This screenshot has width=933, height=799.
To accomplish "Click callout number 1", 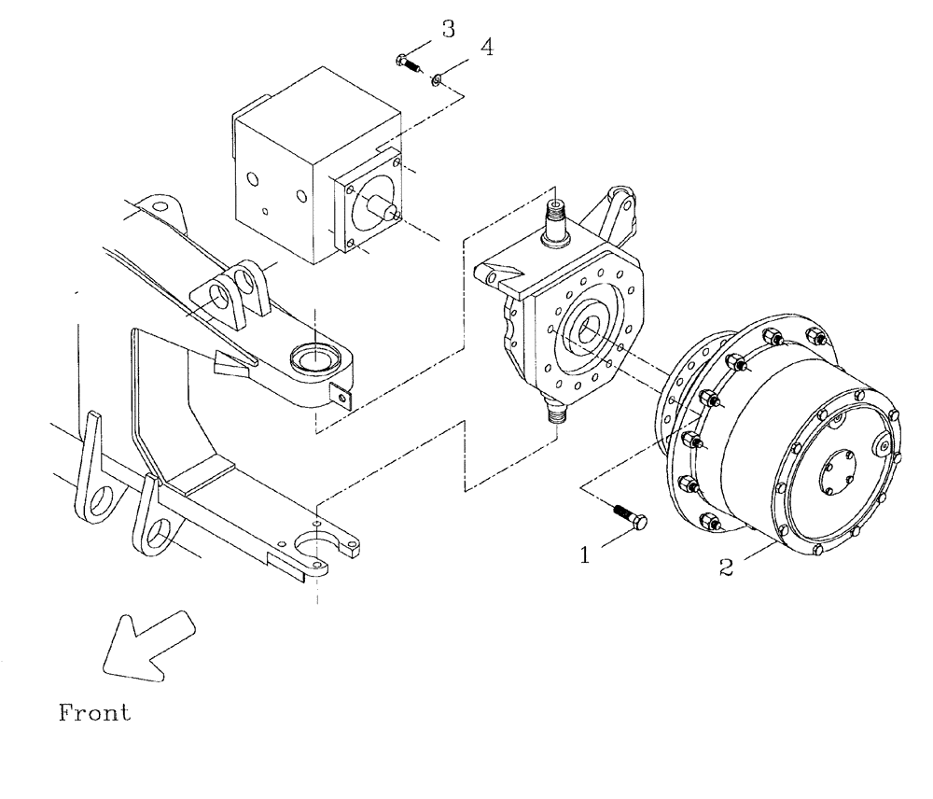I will [x=585, y=555].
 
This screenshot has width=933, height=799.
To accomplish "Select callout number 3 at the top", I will [x=449, y=30].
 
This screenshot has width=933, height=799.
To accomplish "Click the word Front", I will [x=95, y=715].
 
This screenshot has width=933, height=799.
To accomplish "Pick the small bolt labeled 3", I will [x=408, y=64].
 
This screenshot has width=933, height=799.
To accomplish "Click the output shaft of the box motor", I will [x=384, y=208].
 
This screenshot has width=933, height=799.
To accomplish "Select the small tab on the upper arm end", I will [x=347, y=399].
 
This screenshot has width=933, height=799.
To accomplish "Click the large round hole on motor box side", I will [x=301, y=198].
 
